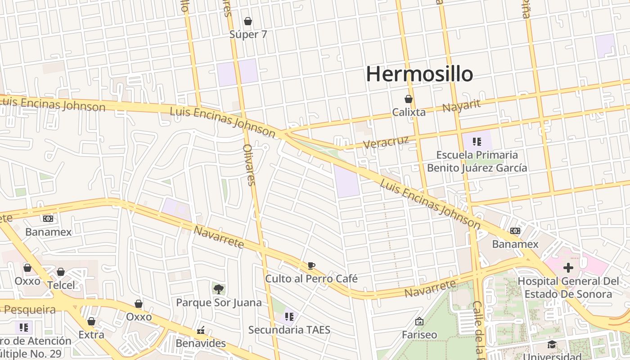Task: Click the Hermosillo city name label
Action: coord(419,74)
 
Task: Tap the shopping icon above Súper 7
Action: coord(247,21)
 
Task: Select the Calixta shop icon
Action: coord(409,99)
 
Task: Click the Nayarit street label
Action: coord(461,106)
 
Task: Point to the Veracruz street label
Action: coord(386,142)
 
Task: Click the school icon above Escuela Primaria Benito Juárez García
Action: coord(477,142)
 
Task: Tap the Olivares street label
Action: coord(249,165)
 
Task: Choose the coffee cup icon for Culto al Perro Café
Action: coord(311,265)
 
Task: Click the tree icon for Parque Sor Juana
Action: coord(219,289)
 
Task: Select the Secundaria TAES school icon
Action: coord(289,317)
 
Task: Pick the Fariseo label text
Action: coord(419,335)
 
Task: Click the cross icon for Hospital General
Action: coord(568,268)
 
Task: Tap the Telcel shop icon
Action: coord(61,272)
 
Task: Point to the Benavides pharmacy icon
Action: coord(201,331)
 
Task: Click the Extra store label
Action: coord(91,335)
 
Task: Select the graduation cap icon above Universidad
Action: coord(552,345)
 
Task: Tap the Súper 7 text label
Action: coord(248,34)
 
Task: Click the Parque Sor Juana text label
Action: coord(219,302)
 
